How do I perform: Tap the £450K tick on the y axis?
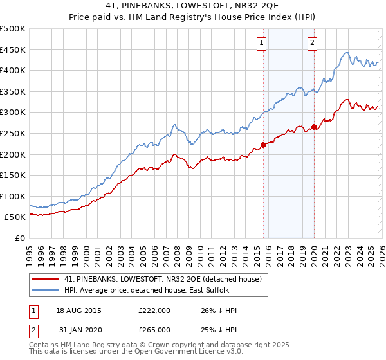tap(14, 50)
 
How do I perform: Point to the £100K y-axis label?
tap(14, 196)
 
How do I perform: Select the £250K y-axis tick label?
tap(14, 133)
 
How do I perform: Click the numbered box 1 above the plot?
tap(262, 43)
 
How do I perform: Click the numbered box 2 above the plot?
tap(313, 43)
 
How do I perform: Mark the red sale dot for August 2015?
tap(263, 145)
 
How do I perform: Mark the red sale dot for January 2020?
tap(314, 127)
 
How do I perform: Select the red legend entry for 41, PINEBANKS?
tap(162, 280)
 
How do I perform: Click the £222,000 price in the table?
tap(154, 310)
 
